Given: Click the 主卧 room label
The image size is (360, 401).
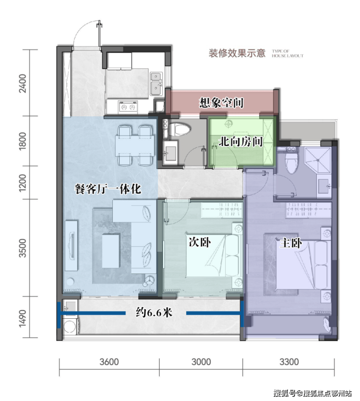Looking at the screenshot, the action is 291,243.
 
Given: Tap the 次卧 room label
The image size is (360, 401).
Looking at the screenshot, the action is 199,242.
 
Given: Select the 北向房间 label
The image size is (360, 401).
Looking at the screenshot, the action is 241,142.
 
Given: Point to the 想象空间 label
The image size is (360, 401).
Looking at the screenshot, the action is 221,103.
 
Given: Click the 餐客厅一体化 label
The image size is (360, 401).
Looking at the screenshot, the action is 108,189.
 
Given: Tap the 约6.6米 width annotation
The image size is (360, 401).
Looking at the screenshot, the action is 154,312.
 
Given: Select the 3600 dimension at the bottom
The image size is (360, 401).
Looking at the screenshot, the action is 109,362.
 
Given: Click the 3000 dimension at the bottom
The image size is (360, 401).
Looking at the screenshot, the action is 201,362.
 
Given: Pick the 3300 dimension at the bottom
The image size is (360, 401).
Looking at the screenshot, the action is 289,362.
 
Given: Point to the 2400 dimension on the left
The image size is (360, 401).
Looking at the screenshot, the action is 23,83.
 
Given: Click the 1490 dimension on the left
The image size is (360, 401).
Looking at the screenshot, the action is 23,318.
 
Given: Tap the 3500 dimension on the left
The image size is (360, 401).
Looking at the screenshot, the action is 23,248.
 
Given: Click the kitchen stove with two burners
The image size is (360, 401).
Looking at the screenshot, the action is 128,107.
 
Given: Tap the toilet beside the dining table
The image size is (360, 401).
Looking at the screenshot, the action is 179,129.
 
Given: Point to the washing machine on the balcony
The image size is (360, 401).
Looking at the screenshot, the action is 70,326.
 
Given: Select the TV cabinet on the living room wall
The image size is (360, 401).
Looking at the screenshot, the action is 72,245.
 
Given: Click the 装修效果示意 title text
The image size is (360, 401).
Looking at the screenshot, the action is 237,53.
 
